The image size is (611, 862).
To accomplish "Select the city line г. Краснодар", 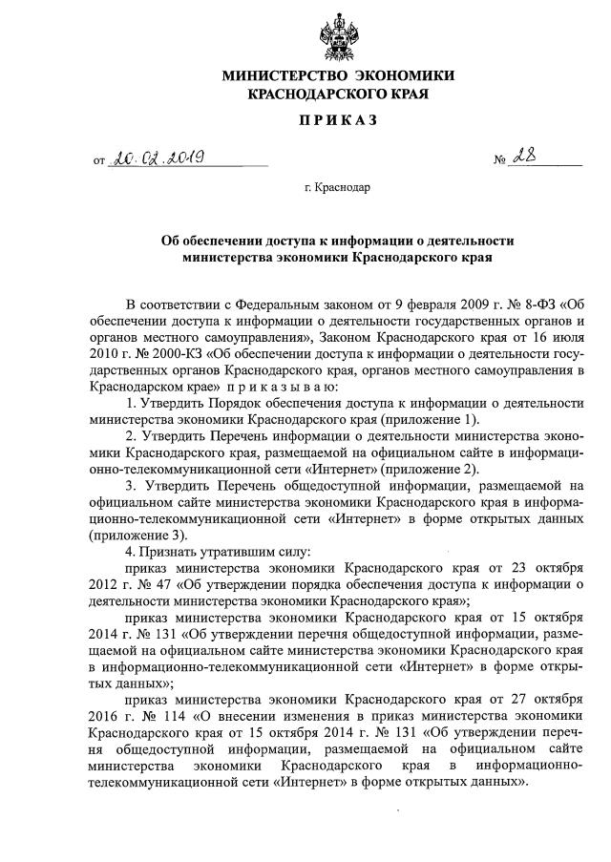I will [x=338, y=188].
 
